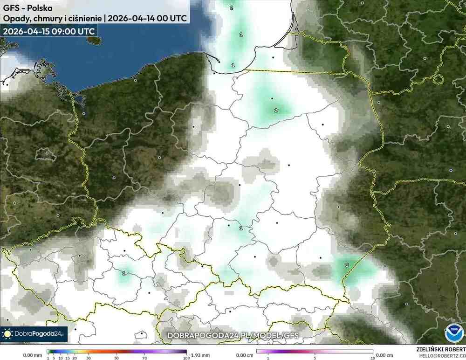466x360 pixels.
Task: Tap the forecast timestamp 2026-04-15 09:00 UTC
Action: tap(49, 31)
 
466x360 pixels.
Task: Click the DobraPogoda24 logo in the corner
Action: tap(34, 334)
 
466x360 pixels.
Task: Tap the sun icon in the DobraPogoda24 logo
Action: tap(7, 334)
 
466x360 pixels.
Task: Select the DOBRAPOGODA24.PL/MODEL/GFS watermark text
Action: tap(233, 335)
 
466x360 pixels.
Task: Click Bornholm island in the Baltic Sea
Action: tap(94, 40)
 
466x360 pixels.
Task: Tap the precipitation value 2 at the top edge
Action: tap(232, 7)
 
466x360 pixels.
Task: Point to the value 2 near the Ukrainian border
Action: tap(347, 265)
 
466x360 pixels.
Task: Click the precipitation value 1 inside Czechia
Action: tap(123, 273)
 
